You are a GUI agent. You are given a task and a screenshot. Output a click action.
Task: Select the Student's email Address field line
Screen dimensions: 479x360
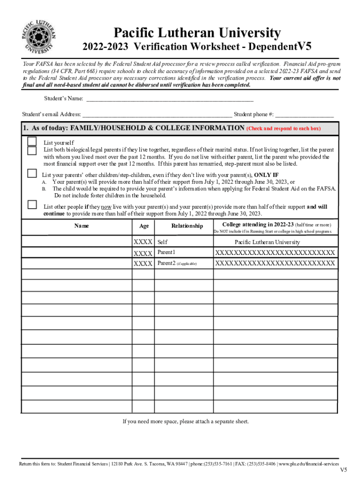pyautogui.click(x=157, y=114)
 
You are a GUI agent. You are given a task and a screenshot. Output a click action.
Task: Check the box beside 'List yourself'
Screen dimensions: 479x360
pyautogui.click(x=32, y=141)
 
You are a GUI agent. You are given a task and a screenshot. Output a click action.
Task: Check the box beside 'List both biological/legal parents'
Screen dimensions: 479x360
pyautogui.click(x=32, y=151)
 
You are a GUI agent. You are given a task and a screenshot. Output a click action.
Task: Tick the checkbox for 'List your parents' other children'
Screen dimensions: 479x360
pyautogui.click(x=32, y=174)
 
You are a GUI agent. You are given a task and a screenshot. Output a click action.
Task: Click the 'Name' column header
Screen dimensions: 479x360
pyautogui.click(x=81, y=226)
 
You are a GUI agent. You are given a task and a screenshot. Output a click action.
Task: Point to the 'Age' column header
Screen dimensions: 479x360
pyautogui.click(x=144, y=226)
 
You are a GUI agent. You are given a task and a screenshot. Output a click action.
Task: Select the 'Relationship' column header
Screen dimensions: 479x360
pyautogui.click(x=187, y=226)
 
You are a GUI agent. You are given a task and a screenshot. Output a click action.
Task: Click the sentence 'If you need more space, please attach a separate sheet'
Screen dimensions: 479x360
pyautogui.click(x=186, y=421)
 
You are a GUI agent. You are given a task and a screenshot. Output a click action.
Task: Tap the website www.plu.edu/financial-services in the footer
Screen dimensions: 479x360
pyautogui.click(x=309, y=464)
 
